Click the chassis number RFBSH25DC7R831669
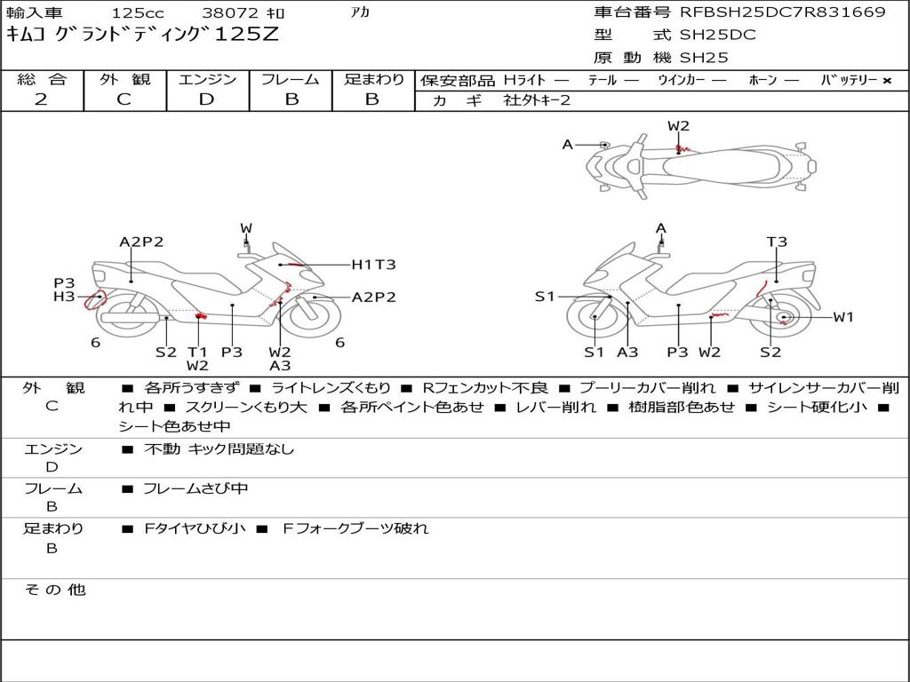pos(783,12)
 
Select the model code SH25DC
pos(718,35)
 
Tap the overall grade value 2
pos(41,99)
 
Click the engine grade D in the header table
pos(206,99)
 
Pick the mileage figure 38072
pos(231,12)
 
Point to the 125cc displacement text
pos(138,12)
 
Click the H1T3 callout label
pos(374,265)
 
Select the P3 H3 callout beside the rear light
pos(64,290)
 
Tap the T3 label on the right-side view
pos(777,242)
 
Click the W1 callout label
pos(843,317)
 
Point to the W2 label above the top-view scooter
pos(678,126)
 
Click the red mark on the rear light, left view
pos(92,300)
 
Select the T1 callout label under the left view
pos(197,352)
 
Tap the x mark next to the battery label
pos(887,81)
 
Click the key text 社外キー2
pos(537,100)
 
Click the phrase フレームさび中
pos(196,489)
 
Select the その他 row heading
pos(54,590)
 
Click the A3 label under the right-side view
pos(627,352)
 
